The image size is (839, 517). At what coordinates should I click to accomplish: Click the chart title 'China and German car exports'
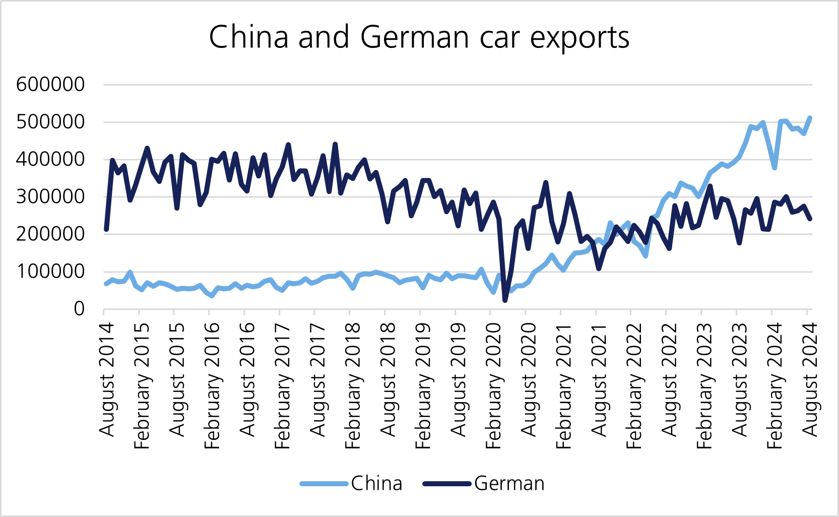click(x=419, y=37)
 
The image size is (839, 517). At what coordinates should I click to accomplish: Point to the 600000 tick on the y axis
click(x=50, y=84)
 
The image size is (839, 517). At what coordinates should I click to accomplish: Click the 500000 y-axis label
click(x=50, y=122)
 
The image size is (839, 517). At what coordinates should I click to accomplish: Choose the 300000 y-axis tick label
click(x=50, y=197)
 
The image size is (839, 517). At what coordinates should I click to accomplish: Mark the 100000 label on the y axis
click(x=50, y=272)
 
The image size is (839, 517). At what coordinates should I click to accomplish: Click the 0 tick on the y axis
click(x=79, y=309)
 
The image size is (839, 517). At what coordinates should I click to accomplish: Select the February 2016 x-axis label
click(x=212, y=385)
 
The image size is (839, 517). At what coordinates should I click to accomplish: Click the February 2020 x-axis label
click(x=493, y=385)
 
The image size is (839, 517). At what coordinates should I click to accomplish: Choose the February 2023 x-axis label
click(x=704, y=385)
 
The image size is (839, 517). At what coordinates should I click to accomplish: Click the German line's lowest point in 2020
click(x=505, y=300)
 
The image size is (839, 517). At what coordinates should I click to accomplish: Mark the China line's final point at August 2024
click(x=810, y=118)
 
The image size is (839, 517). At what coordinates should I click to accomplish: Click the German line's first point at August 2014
click(x=106, y=230)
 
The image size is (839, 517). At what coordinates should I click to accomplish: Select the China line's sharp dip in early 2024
click(x=775, y=168)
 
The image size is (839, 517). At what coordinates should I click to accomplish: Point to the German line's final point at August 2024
click(x=810, y=219)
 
